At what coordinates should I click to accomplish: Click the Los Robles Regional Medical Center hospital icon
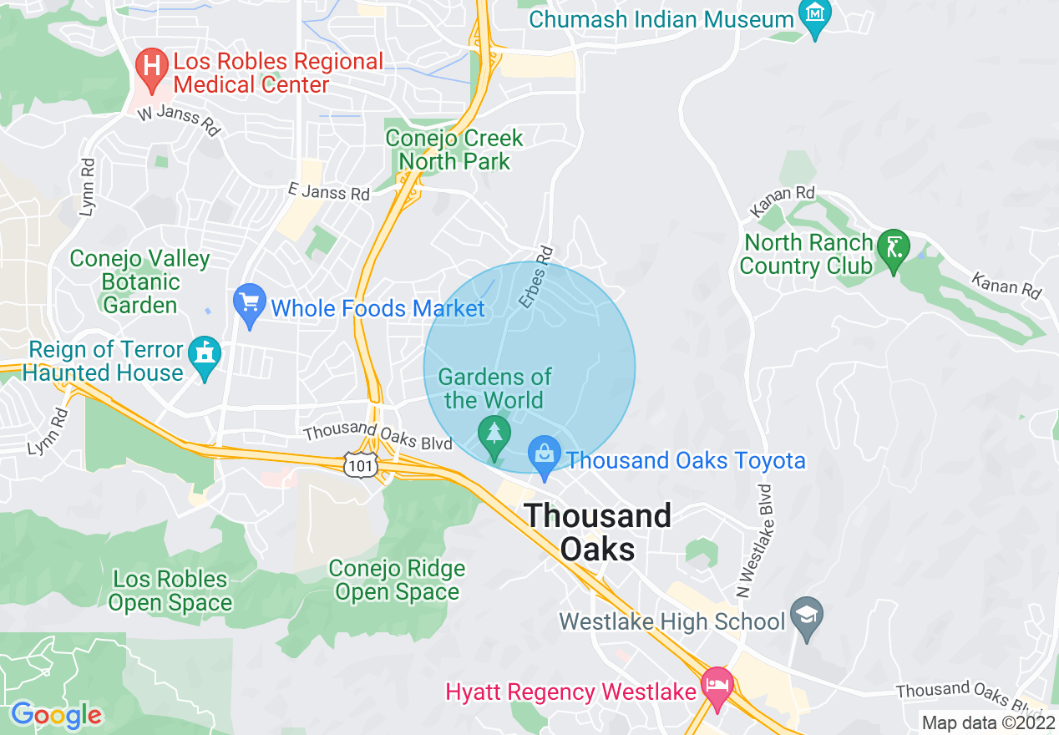click(x=152, y=68)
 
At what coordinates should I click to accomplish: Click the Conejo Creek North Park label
click(x=454, y=150)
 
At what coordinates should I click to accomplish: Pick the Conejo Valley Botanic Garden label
click(x=140, y=281)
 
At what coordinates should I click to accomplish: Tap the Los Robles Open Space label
click(x=170, y=591)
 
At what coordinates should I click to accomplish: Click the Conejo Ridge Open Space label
click(x=397, y=580)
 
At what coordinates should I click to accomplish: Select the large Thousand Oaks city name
click(x=597, y=532)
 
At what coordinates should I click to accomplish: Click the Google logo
click(x=56, y=715)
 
